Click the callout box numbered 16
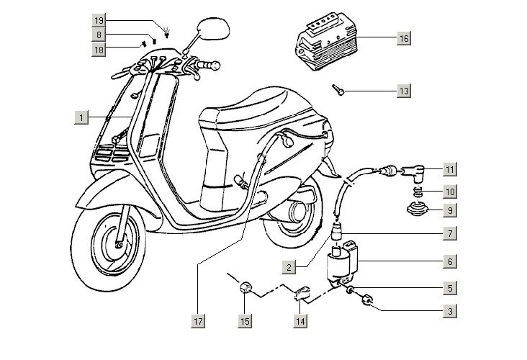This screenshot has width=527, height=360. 404,38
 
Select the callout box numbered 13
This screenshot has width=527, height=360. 404,91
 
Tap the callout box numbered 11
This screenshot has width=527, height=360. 449,170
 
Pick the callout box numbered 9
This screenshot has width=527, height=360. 449,211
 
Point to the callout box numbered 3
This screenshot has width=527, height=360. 449,311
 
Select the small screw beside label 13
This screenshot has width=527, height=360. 339,89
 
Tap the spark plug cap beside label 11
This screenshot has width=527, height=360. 412,173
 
